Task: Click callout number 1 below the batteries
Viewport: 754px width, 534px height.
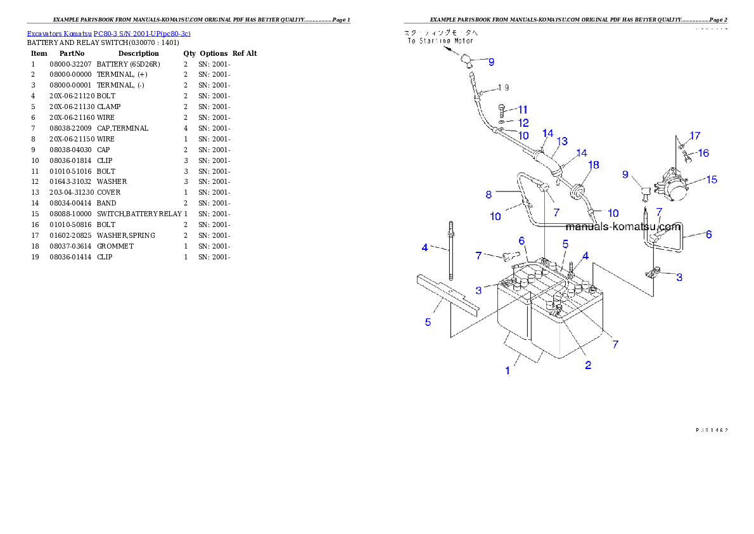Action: click(508, 370)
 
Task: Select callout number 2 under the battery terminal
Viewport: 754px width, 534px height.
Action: click(588, 365)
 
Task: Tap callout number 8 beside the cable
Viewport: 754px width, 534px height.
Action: click(489, 193)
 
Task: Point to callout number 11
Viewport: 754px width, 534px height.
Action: click(523, 109)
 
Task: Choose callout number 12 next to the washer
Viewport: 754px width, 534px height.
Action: click(523, 122)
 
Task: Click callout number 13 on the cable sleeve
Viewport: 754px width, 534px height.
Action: click(562, 141)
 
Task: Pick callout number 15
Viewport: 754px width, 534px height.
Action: click(712, 179)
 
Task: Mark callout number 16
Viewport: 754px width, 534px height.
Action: click(703, 153)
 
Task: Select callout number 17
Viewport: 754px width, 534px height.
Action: click(695, 136)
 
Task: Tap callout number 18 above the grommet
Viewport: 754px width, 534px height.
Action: click(593, 165)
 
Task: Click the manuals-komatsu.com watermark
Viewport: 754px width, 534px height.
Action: click(623, 226)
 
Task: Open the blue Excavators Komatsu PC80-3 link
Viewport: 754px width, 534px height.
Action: click(108, 33)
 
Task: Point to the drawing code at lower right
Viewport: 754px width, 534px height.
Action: click(711, 429)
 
